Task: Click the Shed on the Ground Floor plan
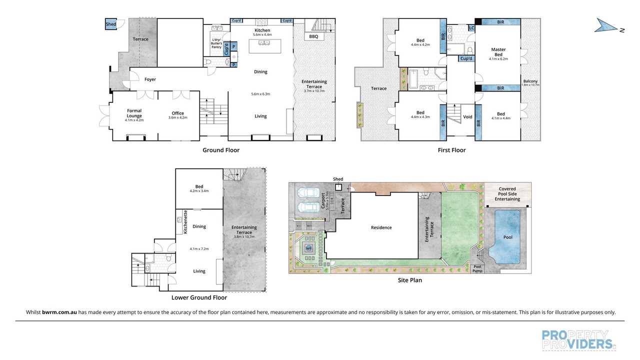point(111,24)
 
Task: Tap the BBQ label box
point(313,36)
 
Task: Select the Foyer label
point(150,79)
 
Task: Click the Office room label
point(177,113)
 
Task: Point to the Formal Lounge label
point(134,113)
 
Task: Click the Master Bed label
point(498,52)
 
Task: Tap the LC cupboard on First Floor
point(471,28)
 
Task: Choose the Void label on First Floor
point(467,116)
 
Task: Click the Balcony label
point(530,81)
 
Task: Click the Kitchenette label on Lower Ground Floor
point(185,222)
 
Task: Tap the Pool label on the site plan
point(507,237)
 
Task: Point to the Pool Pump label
point(477,268)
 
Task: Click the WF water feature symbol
point(308,248)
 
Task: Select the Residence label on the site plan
point(381,227)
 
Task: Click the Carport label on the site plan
point(323,201)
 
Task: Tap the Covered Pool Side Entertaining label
point(507,194)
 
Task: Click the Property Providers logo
point(578,339)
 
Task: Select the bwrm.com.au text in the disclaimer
point(59,312)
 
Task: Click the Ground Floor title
point(221,150)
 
